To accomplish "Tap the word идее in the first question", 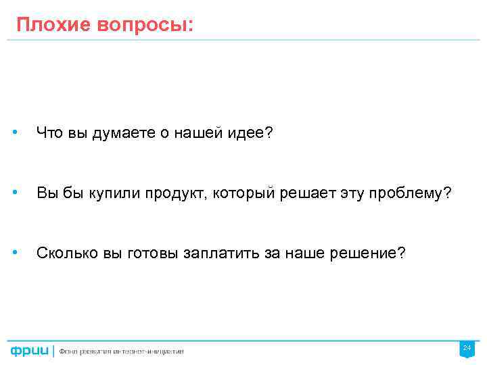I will tap(250, 134).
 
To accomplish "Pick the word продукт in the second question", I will tap(175, 195).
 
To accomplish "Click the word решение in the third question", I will tap(369, 253).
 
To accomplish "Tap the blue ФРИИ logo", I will tap(29, 351).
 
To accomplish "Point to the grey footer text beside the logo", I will tap(121, 351).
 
